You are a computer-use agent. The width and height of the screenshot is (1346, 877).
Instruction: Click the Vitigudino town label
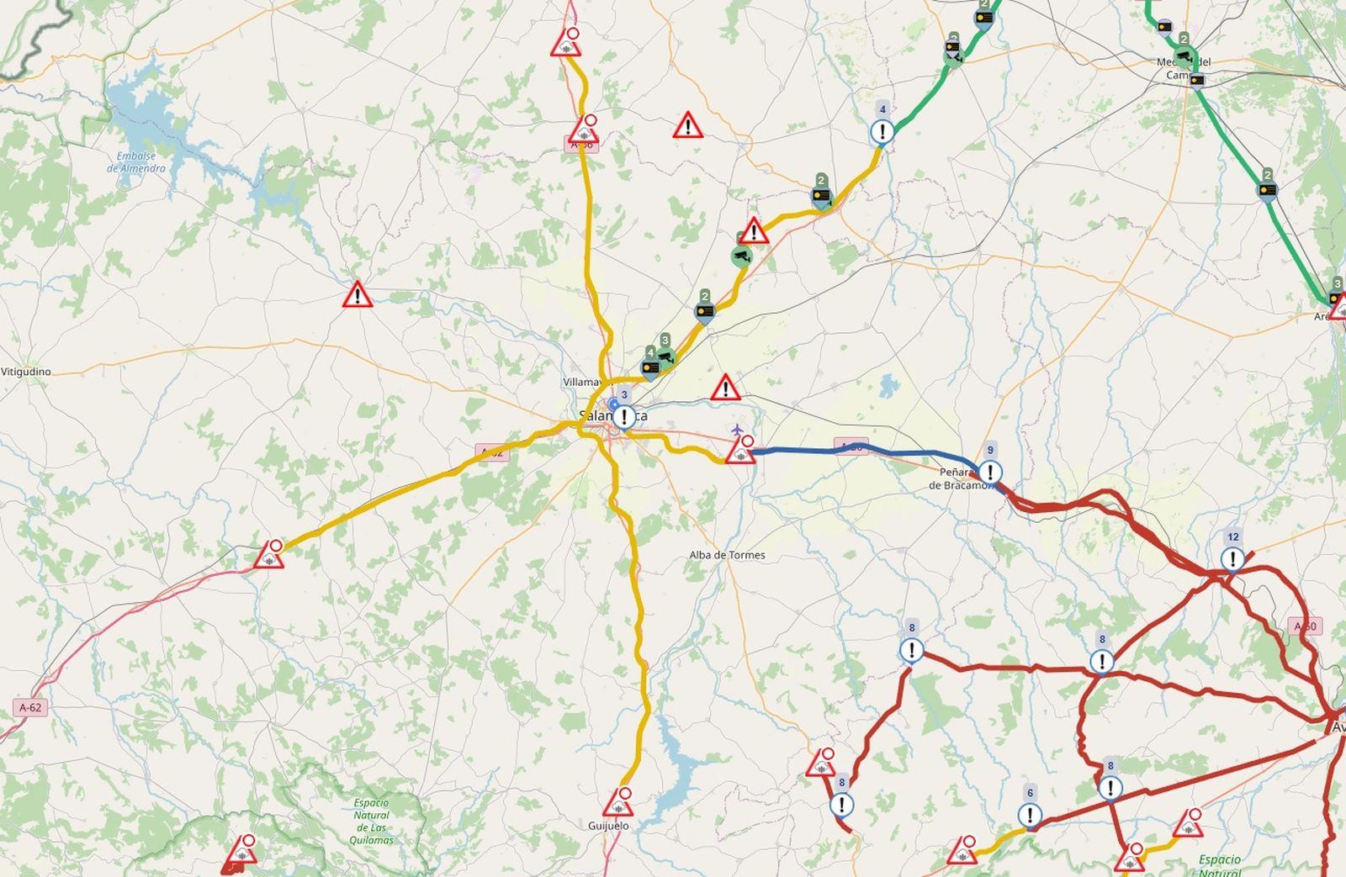point(26,372)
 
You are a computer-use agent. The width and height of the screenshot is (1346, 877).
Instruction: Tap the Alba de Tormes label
point(727,555)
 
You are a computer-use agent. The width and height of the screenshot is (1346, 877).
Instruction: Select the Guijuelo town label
point(608,826)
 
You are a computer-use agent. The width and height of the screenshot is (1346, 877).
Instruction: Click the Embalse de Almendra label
point(136,162)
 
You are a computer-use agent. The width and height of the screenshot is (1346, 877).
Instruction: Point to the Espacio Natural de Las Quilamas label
point(371,822)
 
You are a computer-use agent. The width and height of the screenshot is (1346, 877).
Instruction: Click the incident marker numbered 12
point(1232,558)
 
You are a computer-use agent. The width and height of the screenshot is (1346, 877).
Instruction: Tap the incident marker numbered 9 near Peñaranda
point(990,472)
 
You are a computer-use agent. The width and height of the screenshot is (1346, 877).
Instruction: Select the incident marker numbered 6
point(1030,814)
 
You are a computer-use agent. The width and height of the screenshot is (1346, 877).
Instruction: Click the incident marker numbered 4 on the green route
point(882,131)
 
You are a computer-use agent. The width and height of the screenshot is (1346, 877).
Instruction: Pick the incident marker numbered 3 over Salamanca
point(624,416)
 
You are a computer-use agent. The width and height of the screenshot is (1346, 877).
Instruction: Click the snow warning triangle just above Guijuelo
point(619,803)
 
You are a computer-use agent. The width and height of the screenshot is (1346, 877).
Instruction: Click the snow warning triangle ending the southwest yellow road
point(269,556)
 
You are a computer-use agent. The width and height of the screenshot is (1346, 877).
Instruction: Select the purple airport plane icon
point(738,431)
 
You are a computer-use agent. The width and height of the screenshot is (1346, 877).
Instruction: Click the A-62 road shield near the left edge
point(30,707)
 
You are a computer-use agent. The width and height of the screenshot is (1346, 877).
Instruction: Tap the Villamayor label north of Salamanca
point(582,382)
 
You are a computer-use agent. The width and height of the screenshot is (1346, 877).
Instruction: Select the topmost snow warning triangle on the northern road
point(566,44)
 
